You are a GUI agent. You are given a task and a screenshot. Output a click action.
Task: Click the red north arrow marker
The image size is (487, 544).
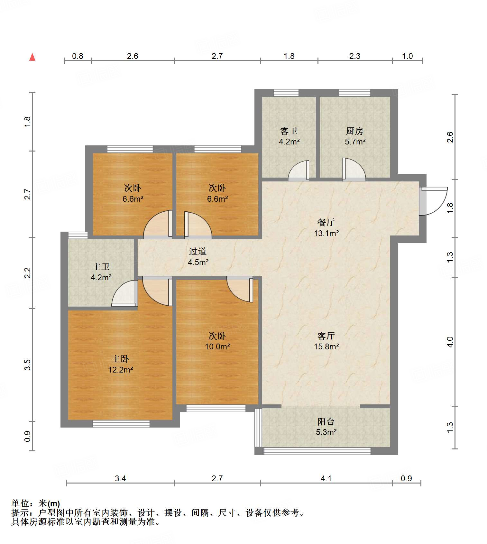click(32, 57)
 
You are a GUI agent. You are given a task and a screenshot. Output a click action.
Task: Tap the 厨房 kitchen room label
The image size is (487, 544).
click(355, 131)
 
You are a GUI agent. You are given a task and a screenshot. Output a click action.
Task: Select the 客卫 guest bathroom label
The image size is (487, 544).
click(289, 131)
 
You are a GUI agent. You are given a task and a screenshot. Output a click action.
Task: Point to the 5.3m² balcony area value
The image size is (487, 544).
click(326, 432)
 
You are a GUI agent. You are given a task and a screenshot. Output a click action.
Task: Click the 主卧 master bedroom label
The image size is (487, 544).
click(120, 359)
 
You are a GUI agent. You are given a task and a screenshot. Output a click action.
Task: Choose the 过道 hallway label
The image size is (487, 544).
click(198, 251)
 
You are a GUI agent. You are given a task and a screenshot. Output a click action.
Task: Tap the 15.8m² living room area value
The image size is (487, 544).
click(326, 346)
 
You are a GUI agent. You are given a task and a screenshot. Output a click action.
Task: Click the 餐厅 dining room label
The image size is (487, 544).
click(326, 222)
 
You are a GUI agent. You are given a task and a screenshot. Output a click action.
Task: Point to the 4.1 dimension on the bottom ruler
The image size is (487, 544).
click(326, 478)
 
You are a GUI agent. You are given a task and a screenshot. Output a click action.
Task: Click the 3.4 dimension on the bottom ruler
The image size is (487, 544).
click(120, 478)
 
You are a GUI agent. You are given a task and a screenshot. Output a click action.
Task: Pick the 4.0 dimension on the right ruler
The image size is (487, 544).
click(450, 342)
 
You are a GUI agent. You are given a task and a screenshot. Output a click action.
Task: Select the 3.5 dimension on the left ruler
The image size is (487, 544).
click(27, 364)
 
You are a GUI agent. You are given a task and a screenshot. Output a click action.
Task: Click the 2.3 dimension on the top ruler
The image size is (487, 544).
click(355, 56)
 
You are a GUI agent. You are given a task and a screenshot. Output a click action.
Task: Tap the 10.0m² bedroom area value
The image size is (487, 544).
click(217, 346)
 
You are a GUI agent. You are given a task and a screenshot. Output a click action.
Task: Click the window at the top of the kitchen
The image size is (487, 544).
click(354, 93)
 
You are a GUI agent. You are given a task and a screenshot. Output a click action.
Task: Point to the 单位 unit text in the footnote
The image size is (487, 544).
click(20, 503)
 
